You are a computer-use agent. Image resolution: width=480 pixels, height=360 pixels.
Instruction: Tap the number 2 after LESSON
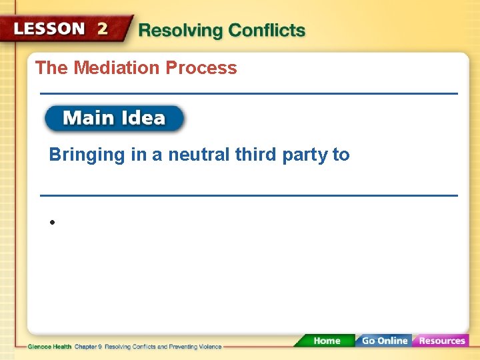tap(103, 29)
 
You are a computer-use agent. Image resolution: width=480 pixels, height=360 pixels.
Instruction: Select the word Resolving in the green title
tap(181, 31)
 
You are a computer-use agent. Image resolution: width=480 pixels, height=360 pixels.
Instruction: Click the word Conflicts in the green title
tap(267, 31)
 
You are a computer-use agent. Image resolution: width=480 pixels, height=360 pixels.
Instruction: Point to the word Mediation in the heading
tap(117, 68)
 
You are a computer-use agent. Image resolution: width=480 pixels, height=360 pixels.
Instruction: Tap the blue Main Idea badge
tap(114, 119)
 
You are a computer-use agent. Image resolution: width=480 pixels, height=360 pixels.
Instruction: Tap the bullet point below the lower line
tap(51, 223)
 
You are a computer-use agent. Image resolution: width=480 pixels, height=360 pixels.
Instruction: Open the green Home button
tap(326, 341)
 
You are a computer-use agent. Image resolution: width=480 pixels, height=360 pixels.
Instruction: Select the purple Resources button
tap(441, 341)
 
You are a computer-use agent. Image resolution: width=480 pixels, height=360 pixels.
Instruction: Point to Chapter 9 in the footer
tap(87, 347)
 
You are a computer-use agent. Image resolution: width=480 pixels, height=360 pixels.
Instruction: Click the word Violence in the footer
tap(209, 347)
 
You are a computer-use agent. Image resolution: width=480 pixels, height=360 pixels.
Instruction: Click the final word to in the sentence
tap(341, 155)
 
